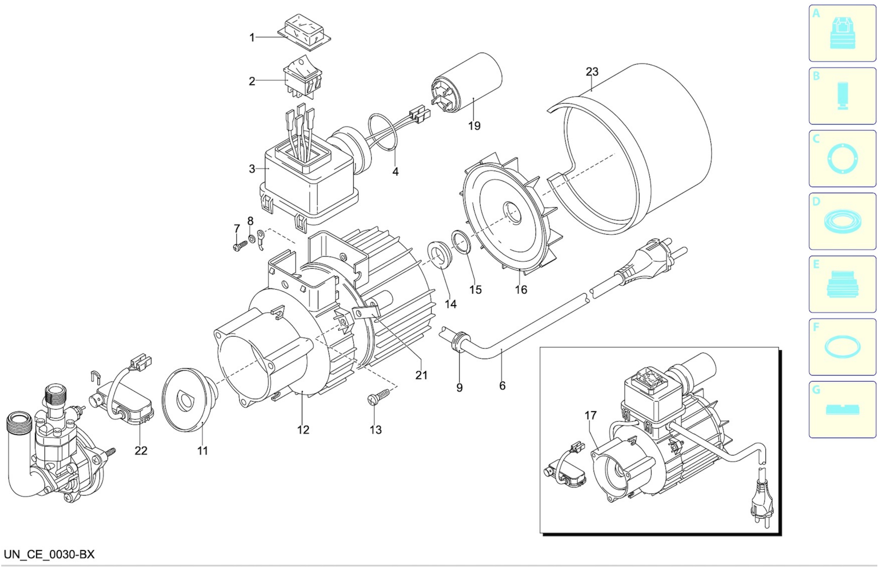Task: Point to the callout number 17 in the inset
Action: (x=590, y=415)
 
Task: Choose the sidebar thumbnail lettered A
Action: (x=842, y=33)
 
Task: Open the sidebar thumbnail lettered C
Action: (x=842, y=159)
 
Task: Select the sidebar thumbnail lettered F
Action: (x=842, y=347)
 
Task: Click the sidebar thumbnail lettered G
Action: (x=842, y=409)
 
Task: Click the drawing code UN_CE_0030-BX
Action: (x=49, y=554)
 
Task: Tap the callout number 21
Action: (x=421, y=375)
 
